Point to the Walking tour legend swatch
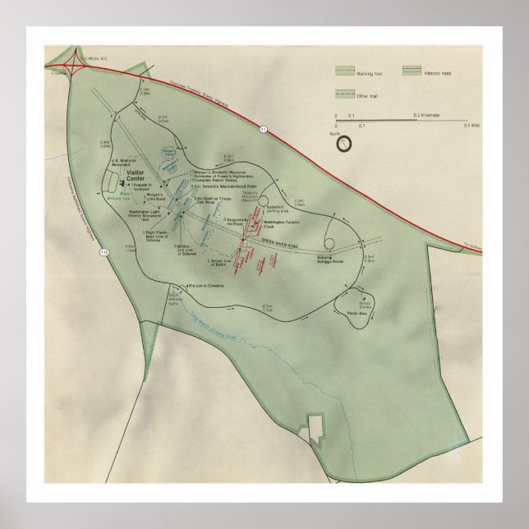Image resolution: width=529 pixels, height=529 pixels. (x=345, y=72)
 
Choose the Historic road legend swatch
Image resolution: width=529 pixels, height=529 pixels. (x=414, y=72)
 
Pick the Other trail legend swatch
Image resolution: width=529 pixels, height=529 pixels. (x=345, y=94)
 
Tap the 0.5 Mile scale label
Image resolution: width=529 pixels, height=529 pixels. (x=471, y=125)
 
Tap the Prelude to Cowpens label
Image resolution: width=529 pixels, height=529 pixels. (x=205, y=286)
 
